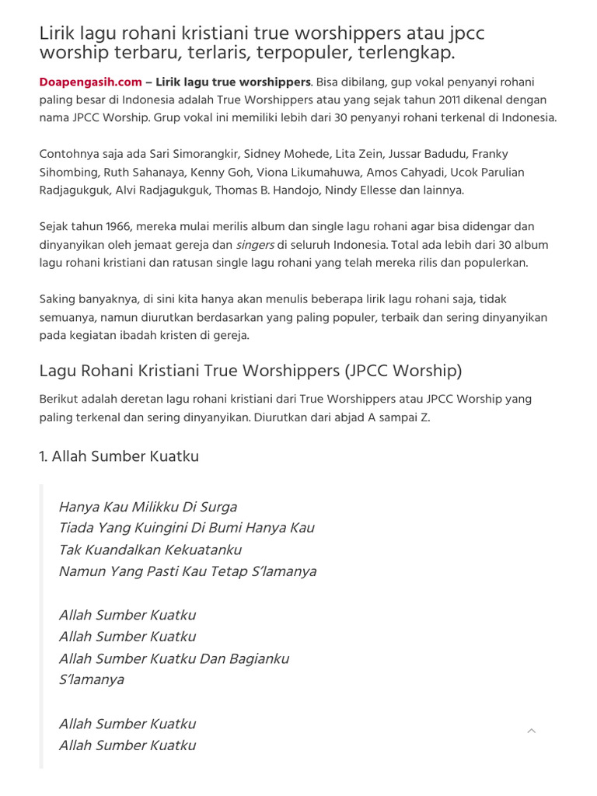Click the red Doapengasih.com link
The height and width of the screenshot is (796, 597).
(90, 82)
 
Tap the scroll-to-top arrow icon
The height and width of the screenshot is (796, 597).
(532, 731)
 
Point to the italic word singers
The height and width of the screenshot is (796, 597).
(255, 244)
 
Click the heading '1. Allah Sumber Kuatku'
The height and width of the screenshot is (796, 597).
(119, 456)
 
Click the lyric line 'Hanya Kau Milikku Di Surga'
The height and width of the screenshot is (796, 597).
(148, 507)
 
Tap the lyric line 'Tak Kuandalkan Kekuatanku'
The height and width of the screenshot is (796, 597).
(150, 550)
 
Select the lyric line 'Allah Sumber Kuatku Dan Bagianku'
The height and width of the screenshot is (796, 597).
(173, 658)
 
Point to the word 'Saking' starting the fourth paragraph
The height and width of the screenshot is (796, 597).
(57, 298)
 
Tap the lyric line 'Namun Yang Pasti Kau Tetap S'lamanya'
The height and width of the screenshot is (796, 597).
(187, 571)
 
